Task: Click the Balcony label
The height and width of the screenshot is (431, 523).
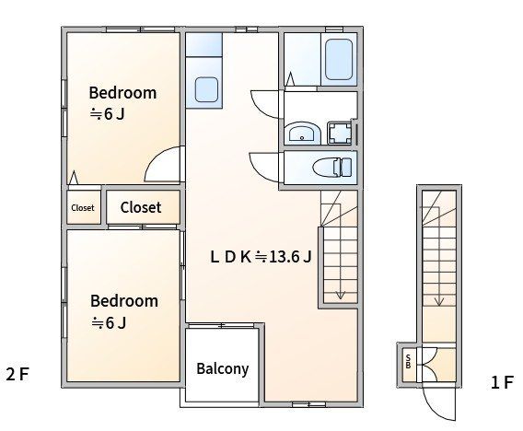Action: [223, 369]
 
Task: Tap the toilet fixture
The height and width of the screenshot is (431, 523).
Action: [333, 167]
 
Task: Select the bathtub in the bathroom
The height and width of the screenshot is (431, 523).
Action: [339, 59]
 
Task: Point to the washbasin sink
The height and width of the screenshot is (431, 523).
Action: [302, 134]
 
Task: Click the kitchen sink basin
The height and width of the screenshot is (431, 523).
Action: [206, 89]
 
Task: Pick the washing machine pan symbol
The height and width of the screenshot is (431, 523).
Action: [339, 134]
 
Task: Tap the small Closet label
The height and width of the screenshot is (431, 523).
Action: [83, 208]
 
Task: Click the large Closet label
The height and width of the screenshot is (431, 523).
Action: [141, 207]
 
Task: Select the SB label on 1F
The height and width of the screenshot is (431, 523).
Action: [408, 361]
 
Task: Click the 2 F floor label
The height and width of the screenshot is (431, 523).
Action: [17, 374]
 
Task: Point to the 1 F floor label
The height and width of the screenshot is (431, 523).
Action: [502, 382]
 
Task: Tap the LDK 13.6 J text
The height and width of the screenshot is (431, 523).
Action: [261, 257]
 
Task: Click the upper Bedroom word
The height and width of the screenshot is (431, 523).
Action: [122, 93]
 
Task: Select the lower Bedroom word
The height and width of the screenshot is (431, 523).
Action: [124, 301]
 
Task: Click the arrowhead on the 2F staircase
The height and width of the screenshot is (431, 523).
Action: [340, 296]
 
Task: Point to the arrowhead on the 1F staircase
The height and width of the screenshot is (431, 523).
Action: [439, 302]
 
